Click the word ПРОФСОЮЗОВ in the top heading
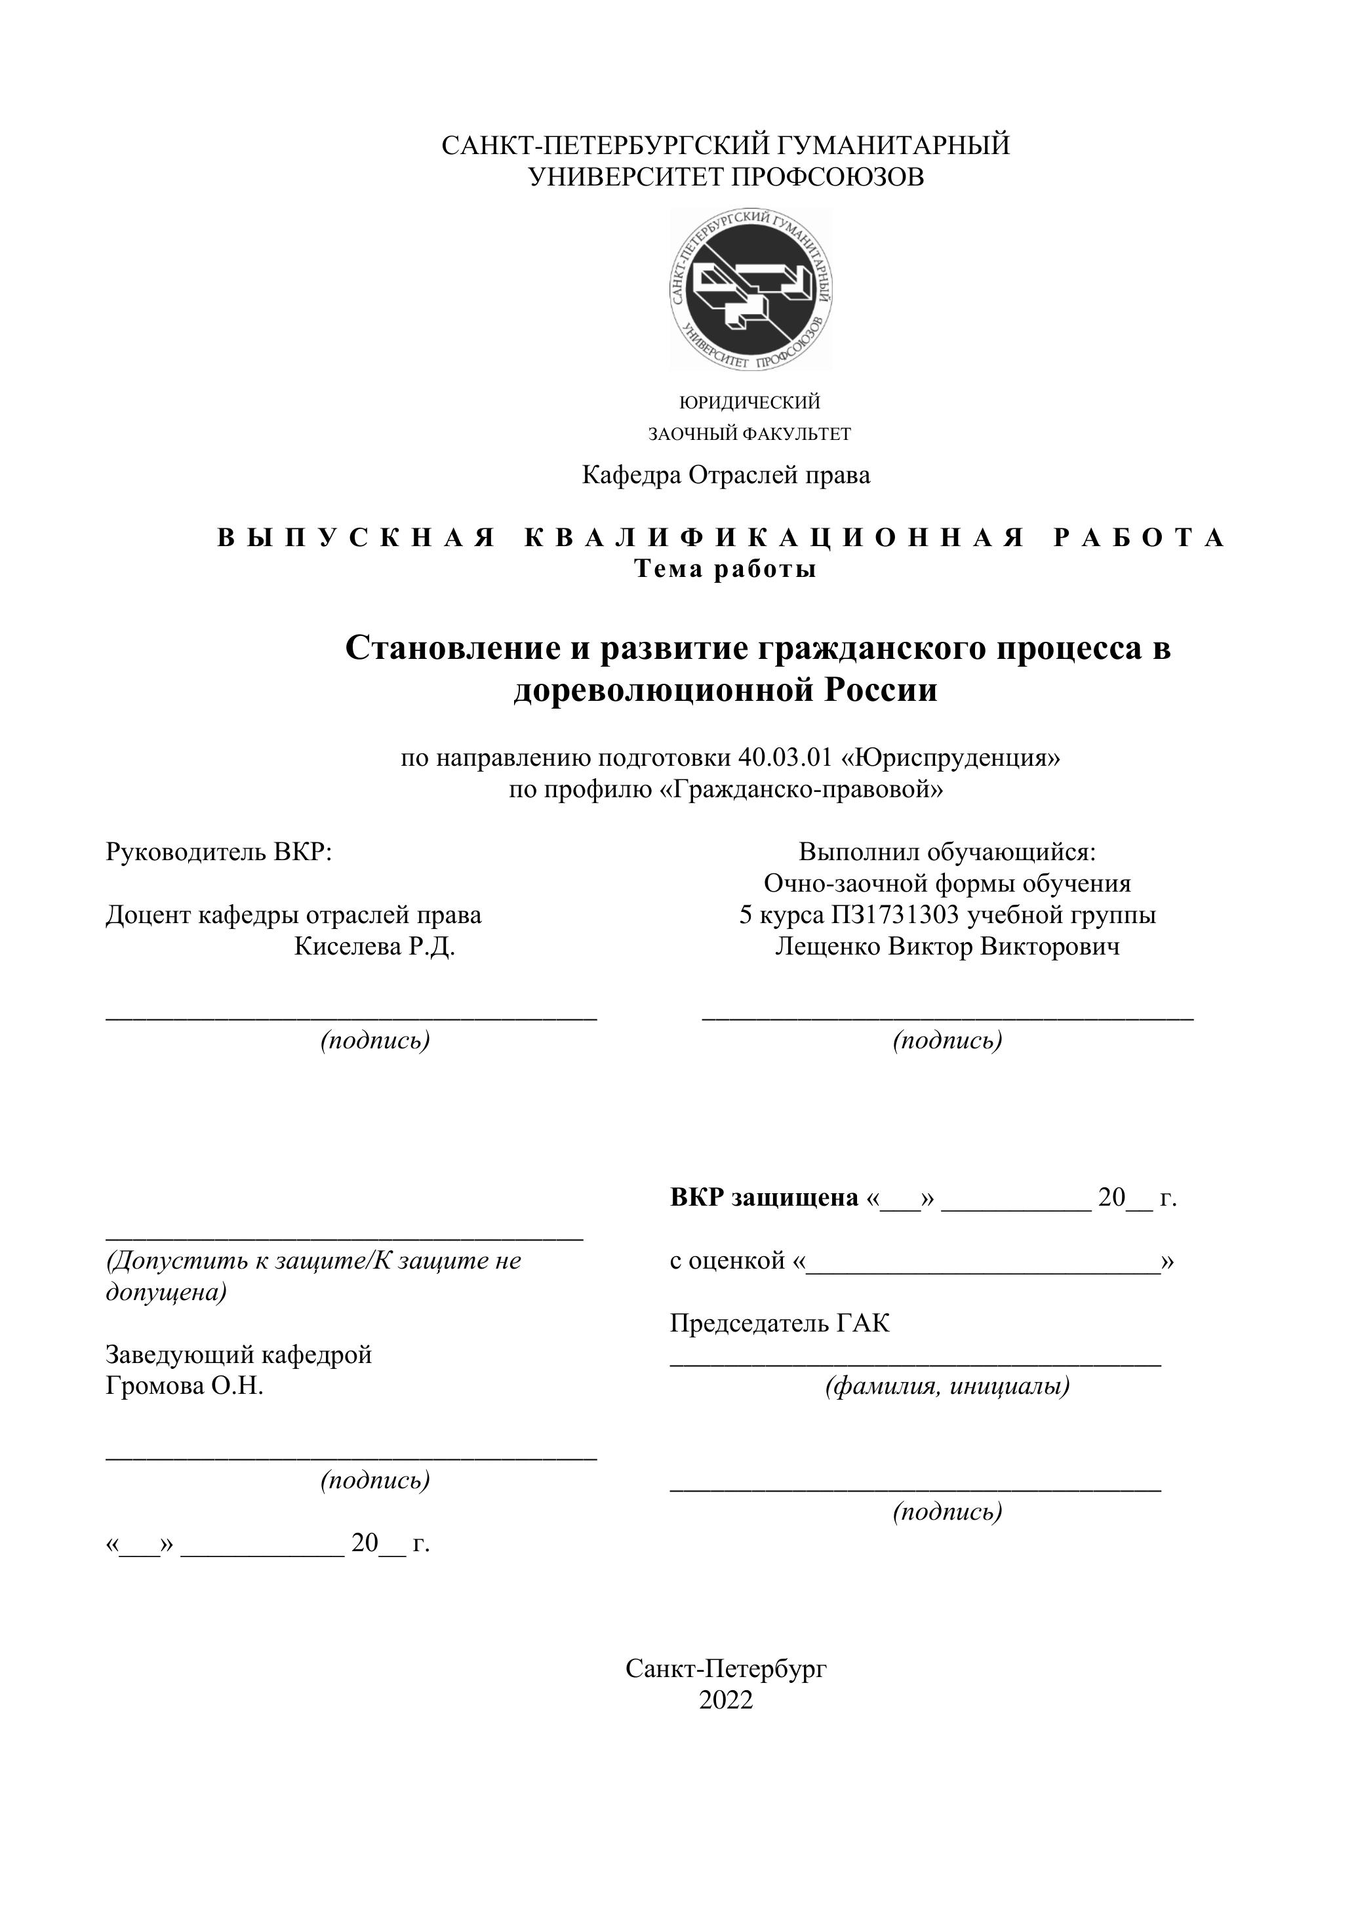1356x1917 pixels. [x=828, y=177]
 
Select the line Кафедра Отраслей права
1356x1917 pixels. [x=726, y=475]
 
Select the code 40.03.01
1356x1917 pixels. [x=785, y=757]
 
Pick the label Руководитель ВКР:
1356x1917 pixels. [x=219, y=852]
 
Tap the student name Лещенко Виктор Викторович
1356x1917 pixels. [x=947, y=947]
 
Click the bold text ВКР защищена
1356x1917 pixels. [x=764, y=1197]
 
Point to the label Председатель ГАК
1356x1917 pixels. [x=779, y=1322]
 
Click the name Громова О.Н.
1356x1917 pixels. [x=184, y=1386]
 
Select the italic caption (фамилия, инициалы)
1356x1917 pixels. [x=947, y=1387]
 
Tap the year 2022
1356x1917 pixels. [x=726, y=1701]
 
